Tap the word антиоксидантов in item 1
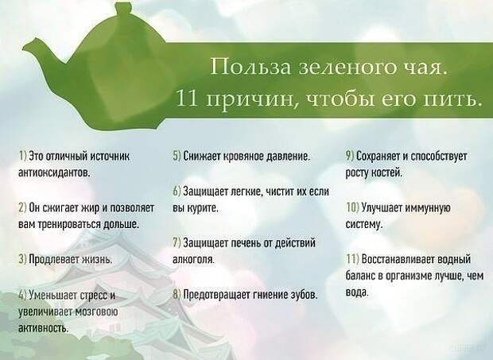point(55,172)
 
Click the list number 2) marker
point(22,207)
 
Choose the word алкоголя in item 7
point(194,260)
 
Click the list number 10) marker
point(352,207)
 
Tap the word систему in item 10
point(363,224)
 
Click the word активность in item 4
point(43,328)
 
